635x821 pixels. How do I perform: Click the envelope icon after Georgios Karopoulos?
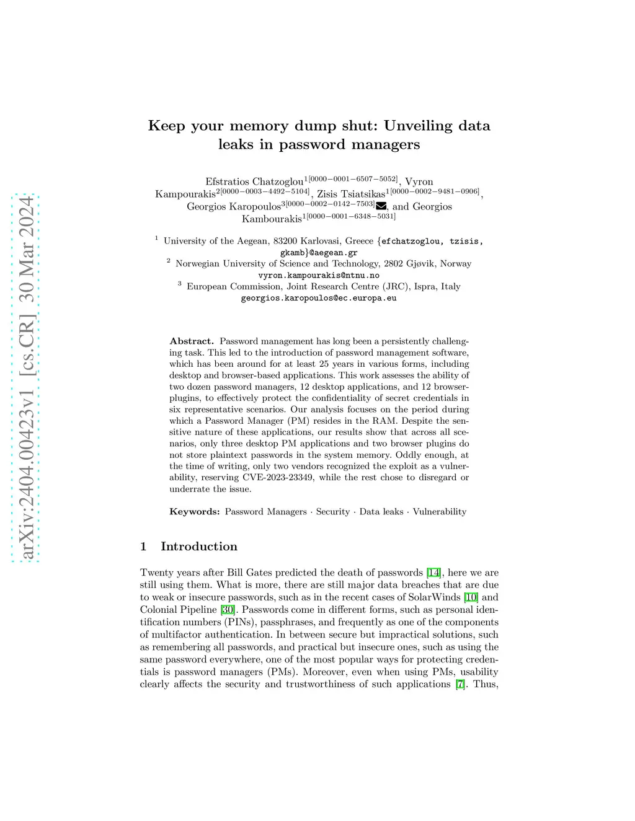point(381,206)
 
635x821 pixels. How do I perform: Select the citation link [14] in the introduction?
point(433,573)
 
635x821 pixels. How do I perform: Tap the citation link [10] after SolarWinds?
point(471,597)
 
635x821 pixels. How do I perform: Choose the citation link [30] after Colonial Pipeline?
point(228,610)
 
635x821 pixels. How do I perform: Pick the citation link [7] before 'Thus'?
point(460,684)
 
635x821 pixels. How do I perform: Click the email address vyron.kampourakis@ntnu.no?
point(319,275)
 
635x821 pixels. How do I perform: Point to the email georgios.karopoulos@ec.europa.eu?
point(319,298)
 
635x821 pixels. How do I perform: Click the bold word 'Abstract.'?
point(192,341)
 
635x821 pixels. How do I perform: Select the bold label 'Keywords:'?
point(195,512)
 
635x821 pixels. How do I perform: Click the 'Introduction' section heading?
point(199,547)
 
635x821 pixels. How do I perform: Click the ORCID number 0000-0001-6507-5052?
point(353,179)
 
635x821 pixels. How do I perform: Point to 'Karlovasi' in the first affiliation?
point(320,241)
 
